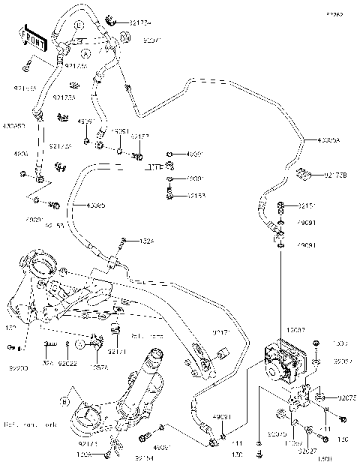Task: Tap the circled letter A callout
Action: point(86,55)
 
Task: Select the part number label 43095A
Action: point(328,140)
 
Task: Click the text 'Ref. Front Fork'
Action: point(29,426)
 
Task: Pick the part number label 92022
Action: point(70,364)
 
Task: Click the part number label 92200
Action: point(18,369)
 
